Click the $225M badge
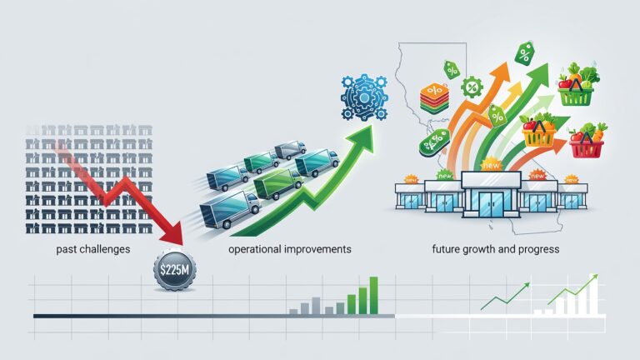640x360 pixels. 175,270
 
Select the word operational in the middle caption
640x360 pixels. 254,249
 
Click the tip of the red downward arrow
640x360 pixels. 180,244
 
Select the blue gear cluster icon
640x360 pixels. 364,97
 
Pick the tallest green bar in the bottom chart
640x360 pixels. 373,296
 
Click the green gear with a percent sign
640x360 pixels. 472,87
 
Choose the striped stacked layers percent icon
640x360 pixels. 434,98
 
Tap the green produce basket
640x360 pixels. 577,86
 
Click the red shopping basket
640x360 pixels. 587,141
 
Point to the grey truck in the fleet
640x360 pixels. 290,150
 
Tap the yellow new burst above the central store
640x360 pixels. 491,164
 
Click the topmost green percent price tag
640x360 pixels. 524,53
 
